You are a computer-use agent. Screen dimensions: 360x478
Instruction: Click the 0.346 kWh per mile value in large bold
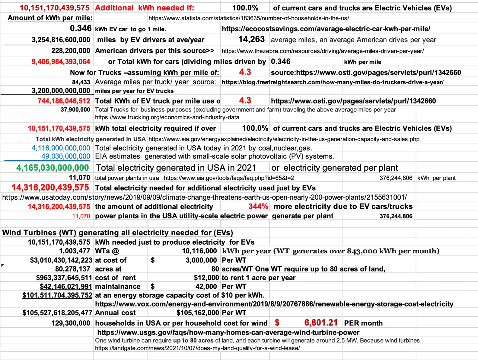point(81,28)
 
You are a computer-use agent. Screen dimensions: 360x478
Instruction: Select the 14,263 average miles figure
point(251,39)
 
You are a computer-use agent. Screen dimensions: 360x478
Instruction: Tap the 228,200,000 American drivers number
point(71,51)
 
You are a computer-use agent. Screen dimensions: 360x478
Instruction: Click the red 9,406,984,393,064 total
point(61,62)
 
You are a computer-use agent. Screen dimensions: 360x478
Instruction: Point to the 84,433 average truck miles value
point(81,82)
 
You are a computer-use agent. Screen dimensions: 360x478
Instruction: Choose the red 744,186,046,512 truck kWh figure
point(64,101)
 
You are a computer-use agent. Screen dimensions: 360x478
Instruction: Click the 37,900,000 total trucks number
point(75,110)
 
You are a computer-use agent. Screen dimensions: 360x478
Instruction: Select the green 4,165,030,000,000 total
point(53,168)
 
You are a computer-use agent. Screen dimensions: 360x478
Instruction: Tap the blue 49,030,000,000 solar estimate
point(66,156)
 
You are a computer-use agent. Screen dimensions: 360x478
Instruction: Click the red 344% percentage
point(258,207)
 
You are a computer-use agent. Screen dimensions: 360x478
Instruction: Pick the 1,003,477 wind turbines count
point(75,251)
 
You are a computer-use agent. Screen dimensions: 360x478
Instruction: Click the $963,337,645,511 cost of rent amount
point(64,278)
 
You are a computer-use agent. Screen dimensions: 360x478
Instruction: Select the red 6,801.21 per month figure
point(321,323)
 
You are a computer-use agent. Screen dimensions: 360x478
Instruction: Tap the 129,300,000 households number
point(71,323)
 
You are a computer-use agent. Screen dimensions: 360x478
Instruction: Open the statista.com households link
point(249,18)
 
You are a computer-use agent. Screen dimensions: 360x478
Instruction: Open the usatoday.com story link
point(204,197)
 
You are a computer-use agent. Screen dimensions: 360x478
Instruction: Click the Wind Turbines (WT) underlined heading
point(117,233)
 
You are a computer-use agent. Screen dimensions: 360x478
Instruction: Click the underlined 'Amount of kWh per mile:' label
point(50,18)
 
